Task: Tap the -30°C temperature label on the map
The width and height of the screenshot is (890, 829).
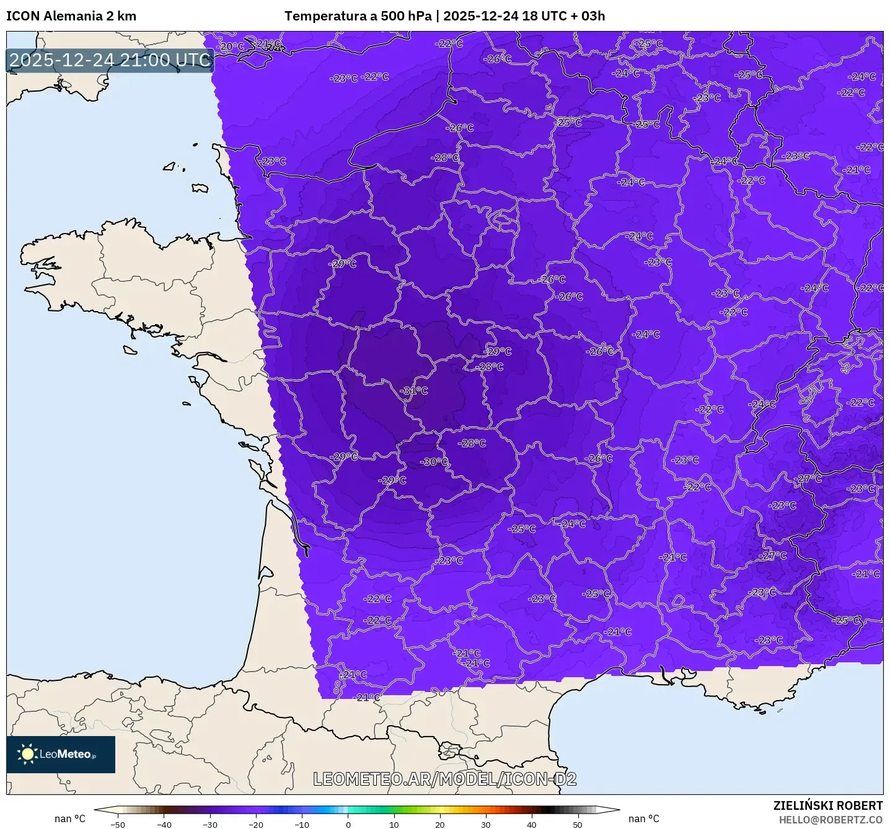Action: coord(434,462)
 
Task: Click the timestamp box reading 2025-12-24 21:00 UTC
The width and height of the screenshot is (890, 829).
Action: coord(110,60)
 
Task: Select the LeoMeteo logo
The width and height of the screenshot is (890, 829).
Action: coord(61,754)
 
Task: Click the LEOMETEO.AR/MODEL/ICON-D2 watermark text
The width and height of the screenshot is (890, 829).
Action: coord(444,779)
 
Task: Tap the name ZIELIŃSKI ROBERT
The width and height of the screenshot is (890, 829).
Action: coord(827,805)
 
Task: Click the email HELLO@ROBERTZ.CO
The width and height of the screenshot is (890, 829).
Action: coord(830,820)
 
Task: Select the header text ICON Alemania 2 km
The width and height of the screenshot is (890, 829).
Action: coord(71,16)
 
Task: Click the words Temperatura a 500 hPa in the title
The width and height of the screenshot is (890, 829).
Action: coord(358,16)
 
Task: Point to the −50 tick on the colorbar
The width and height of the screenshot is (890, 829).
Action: coord(117,824)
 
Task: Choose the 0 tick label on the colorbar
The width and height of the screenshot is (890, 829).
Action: coord(348,824)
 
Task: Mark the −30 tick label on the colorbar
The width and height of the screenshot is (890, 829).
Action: coord(209,824)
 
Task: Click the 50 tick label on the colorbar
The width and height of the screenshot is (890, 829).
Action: coord(578,824)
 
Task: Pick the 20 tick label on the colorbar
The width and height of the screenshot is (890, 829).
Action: coord(440,824)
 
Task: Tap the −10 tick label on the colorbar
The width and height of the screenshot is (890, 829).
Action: coord(301,824)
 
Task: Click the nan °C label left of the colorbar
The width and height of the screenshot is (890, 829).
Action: coord(70,818)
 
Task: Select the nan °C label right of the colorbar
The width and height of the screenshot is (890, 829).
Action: coord(644,818)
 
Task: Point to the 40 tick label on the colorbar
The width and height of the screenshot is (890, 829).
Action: coord(532,824)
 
